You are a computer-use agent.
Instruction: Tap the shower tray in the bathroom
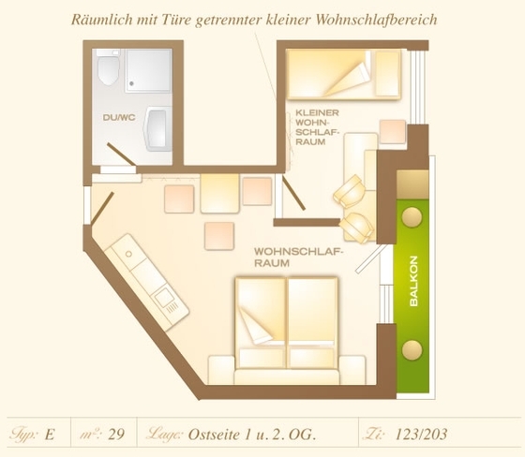pos(148,70)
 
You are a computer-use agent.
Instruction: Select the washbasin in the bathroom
pos(157,129)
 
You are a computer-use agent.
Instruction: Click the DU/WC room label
pos(119,117)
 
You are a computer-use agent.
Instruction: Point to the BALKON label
pos(413,281)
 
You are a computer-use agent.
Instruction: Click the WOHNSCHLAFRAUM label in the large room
pos(299,258)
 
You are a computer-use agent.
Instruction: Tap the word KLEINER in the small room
pos(317,112)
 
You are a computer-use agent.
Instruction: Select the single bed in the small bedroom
pos(343,74)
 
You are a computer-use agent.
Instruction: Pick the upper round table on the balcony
pos(412,217)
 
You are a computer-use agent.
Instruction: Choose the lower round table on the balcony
pos(412,350)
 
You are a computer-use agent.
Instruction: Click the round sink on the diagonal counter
pos(128,254)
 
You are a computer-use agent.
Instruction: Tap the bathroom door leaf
pos(121,155)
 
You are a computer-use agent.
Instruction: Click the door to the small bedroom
pos(293,193)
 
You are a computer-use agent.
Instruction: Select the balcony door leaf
pos(369,259)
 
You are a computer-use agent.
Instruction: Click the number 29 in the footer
pos(116,435)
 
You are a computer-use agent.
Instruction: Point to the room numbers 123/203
pos(421,435)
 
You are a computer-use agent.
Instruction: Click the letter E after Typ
pos(49,435)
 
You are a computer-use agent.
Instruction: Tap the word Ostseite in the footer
pos(214,435)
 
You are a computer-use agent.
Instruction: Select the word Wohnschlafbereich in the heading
pos(376,20)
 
